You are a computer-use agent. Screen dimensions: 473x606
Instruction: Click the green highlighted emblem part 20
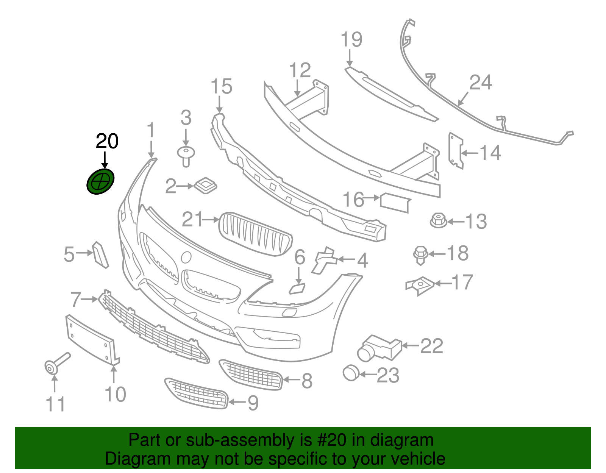pos(100,182)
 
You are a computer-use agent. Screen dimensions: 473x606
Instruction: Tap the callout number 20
pos(107,142)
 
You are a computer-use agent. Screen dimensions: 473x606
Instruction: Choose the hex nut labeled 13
pos(438,220)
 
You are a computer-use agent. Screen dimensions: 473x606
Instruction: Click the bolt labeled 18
pos(420,254)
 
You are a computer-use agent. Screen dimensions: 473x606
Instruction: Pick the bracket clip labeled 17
pos(420,285)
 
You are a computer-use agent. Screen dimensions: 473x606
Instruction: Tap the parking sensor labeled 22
pos(379,347)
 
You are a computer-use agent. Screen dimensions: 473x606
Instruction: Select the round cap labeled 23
pos(351,373)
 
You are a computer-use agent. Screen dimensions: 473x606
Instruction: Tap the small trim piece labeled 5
pos(100,254)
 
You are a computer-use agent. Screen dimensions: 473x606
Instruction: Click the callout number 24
pos(480,83)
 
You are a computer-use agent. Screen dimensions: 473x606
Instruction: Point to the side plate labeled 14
pos(455,150)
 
